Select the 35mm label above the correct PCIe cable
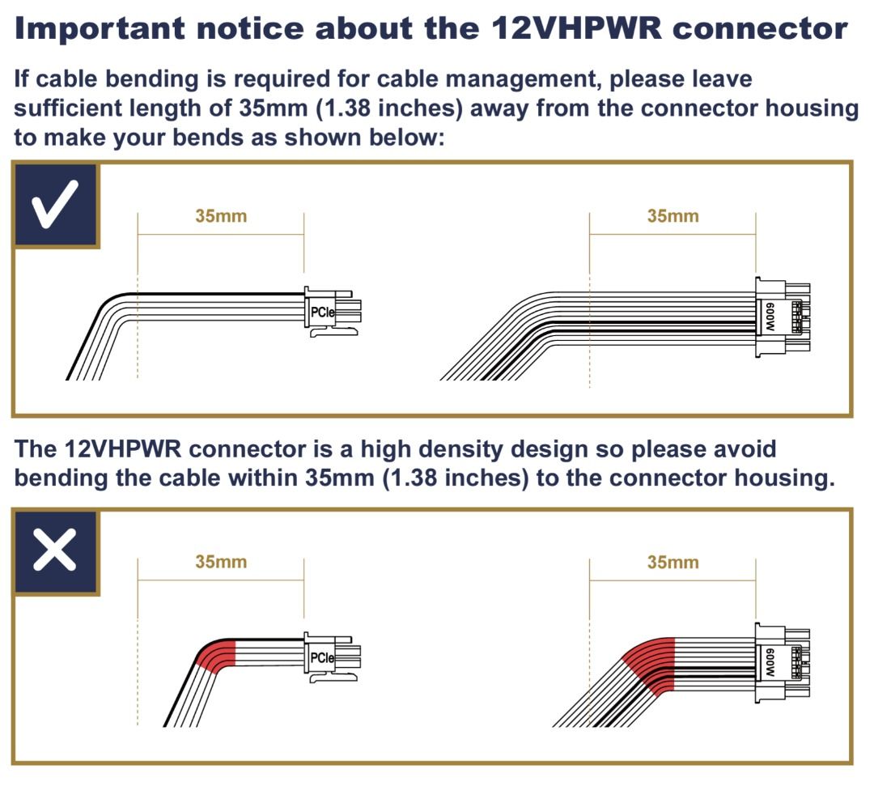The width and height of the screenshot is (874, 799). tap(221, 216)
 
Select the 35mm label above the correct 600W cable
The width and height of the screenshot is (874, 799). tap(672, 216)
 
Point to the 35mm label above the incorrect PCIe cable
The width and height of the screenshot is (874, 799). tap(221, 562)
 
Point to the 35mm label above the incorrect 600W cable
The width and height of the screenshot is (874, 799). tap(672, 562)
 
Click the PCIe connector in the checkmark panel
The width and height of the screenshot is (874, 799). tap(331, 311)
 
